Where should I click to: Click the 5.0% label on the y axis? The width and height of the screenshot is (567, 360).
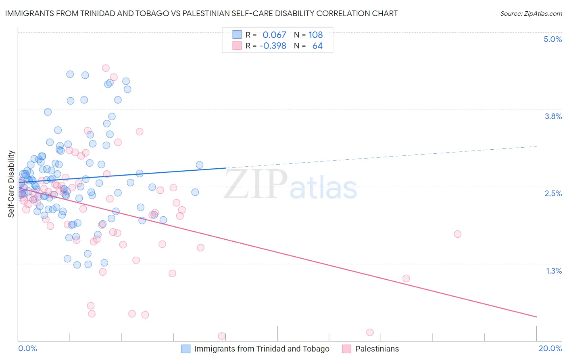(x=552, y=39)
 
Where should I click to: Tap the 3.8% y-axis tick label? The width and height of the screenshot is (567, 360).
(x=553, y=116)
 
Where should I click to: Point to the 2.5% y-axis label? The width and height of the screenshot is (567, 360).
(x=553, y=193)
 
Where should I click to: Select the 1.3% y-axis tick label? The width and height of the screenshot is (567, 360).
(x=554, y=271)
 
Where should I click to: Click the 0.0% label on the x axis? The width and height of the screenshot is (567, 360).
(x=27, y=348)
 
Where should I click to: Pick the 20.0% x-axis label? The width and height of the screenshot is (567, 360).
(x=550, y=348)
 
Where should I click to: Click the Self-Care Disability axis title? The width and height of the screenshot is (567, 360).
(x=11, y=184)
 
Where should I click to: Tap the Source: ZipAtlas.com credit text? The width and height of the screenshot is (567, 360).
(x=531, y=14)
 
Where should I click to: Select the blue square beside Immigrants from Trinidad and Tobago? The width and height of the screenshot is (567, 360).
(x=186, y=349)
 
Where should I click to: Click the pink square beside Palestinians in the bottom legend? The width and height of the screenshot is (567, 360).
(x=347, y=349)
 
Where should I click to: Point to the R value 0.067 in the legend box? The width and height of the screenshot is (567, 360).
(x=274, y=35)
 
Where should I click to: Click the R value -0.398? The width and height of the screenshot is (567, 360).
(x=273, y=46)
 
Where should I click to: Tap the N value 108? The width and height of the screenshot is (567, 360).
(x=316, y=35)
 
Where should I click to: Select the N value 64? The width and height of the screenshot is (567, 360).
(x=317, y=46)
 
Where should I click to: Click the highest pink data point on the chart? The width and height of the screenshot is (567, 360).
(x=106, y=68)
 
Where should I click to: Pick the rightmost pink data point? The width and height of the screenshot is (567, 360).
(x=457, y=234)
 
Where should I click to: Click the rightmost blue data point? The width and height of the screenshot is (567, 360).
(x=199, y=165)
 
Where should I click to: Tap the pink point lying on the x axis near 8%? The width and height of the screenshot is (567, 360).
(x=221, y=336)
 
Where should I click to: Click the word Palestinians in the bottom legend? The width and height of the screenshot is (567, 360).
(x=377, y=349)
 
